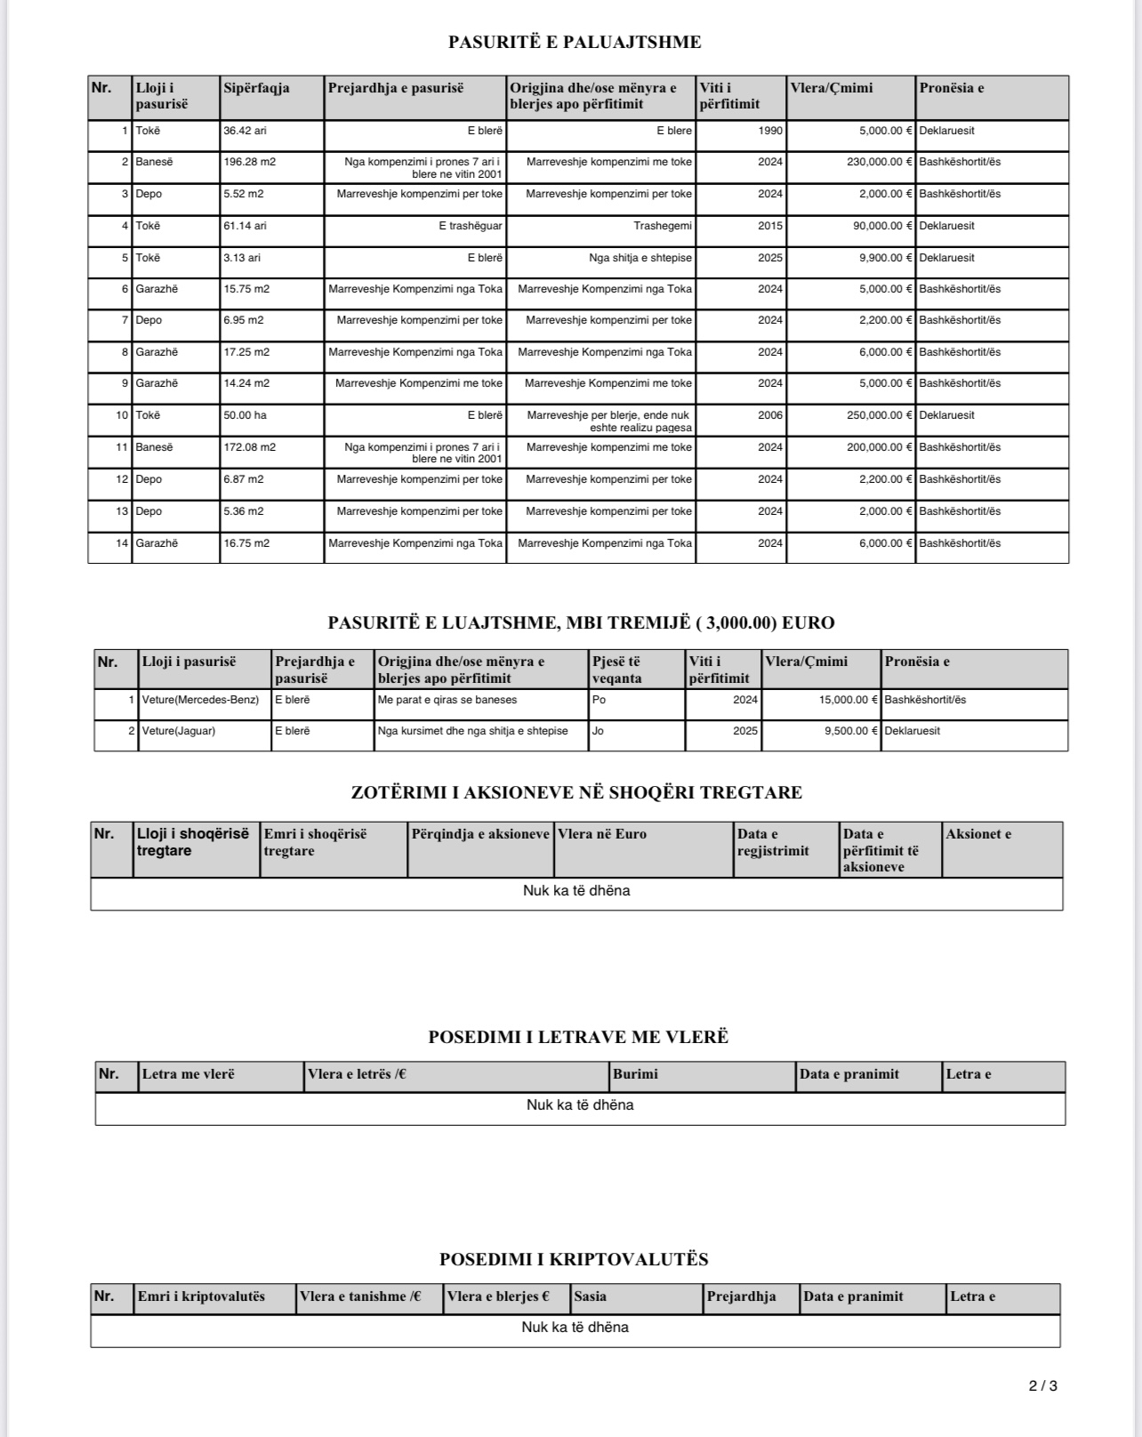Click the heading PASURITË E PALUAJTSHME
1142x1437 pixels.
(x=575, y=42)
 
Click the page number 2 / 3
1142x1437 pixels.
(x=1043, y=1385)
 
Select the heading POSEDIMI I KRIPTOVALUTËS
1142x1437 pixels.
(x=574, y=1259)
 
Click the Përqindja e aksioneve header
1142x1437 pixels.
(x=480, y=834)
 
